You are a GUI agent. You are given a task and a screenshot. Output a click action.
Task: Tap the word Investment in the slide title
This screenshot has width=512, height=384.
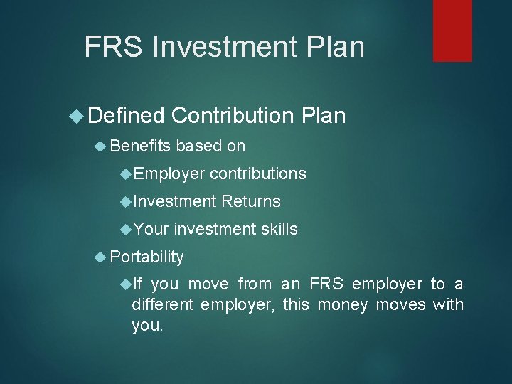pos(225,48)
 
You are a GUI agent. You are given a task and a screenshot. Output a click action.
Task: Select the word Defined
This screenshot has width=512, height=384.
pos(127,115)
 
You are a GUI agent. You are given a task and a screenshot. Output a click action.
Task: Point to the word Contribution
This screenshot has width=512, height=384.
pos(233,115)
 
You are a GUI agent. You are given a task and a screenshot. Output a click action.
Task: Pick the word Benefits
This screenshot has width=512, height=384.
pos(141,146)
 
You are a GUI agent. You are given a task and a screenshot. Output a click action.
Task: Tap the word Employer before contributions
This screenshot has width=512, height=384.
pos(169,174)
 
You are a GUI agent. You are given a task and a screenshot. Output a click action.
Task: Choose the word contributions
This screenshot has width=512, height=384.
pos(258,174)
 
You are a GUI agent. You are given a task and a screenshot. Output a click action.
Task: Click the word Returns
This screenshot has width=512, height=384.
pos(251,202)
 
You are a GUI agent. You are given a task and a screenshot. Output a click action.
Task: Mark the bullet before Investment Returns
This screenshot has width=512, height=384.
pos(126,202)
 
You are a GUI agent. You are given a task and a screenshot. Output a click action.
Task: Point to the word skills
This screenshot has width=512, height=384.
pos(279,229)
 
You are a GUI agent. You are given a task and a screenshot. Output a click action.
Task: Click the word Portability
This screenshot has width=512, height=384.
pos(147,257)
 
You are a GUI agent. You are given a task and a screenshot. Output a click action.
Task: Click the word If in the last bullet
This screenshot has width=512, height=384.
pos(138,284)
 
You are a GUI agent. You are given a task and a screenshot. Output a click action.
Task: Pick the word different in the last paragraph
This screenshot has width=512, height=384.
pos(161,305)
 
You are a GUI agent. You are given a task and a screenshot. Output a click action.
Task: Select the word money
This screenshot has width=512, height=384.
pos(341,305)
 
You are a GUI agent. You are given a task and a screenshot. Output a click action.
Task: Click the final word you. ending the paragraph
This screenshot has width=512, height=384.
pos(147,326)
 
